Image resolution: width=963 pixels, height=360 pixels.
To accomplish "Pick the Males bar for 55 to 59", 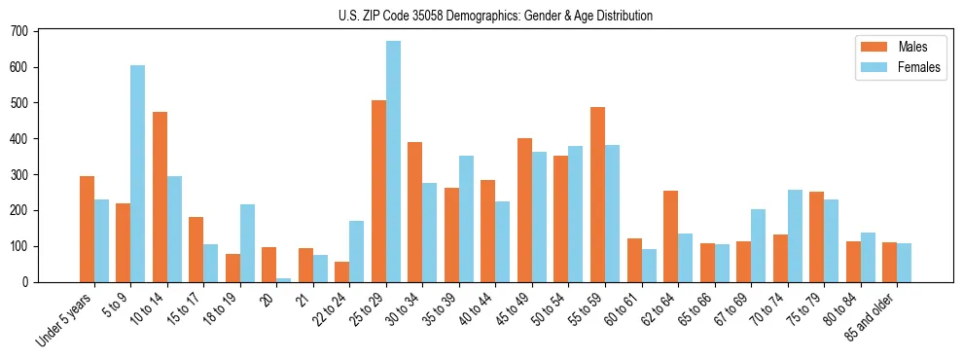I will pos(597,195).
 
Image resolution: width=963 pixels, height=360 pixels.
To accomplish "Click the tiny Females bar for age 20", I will pos(284,279).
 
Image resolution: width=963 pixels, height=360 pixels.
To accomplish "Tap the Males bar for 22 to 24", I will pos(342,271).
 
